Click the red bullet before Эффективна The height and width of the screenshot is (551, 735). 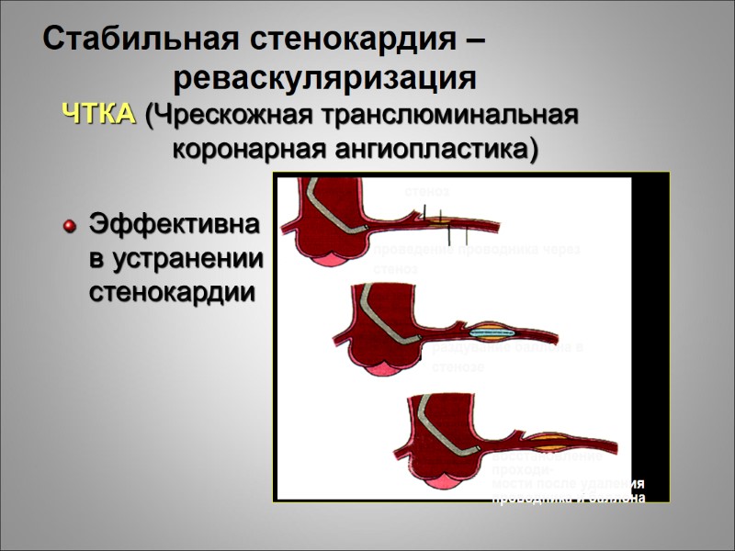67,226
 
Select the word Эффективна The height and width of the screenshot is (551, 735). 174,224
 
